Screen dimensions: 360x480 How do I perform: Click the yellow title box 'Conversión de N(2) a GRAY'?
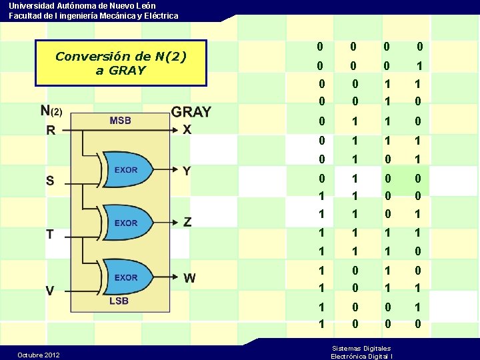[121, 63]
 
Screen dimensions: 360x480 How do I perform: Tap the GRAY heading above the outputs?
[191, 112]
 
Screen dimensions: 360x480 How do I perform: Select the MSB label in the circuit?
[120, 121]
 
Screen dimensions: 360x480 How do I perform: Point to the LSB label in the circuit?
[119, 301]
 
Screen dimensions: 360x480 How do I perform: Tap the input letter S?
[50, 181]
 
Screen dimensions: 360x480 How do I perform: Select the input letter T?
[50, 235]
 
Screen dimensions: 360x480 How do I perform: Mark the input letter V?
[50, 291]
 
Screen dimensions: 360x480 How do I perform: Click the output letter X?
[187, 130]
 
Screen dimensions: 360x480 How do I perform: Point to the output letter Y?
[187, 171]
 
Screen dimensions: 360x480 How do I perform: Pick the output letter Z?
[187, 221]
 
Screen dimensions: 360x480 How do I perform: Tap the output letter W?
[190, 278]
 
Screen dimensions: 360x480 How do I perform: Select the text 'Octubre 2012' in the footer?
[39, 355]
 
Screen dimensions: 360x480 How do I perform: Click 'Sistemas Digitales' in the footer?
[361, 348]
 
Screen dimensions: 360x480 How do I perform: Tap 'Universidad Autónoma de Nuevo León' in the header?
[83, 5]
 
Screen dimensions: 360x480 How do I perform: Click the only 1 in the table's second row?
[419, 67]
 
